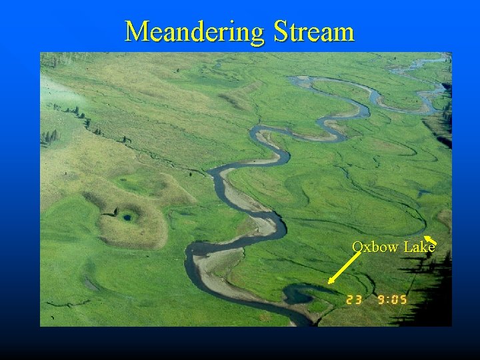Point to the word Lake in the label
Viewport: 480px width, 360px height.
pyautogui.click(x=419, y=247)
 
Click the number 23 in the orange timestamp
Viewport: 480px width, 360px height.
pyautogui.click(x=354, y=300)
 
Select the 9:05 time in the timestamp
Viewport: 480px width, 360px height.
pyautogui.click(x=393, y=300)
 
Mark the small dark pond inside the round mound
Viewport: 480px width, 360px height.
pyautogui.click(x=126, y=215)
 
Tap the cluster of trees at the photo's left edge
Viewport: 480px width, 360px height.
pyautogui.click(x=49, y=137)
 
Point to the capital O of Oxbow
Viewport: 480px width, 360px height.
pyautogui.click(x=358, y=247)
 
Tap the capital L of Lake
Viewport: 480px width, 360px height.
pyautogui.click(x=407, y=247)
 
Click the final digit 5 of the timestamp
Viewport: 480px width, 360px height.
pyautogui.click(x=403, y=300)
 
